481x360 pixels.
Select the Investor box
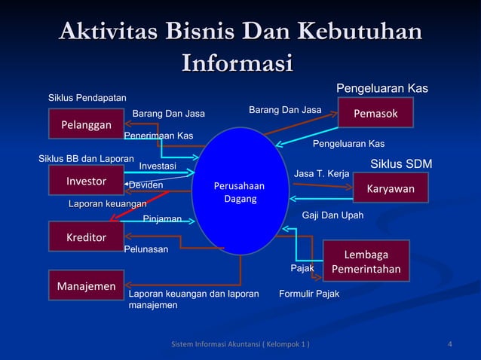(86, 181)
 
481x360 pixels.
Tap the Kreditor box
(86, 237)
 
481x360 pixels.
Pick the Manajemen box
(86, 285)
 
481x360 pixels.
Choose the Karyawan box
(390, 188)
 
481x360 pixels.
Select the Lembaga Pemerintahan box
(366, 261)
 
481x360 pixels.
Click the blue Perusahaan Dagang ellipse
(240, 191)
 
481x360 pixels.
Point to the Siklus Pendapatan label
(87, 98)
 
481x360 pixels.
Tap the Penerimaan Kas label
(158, 136)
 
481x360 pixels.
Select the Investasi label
(158, 166)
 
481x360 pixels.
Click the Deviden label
(146, 185)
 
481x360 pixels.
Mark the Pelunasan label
(146, 248)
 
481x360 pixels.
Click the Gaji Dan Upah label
(332, 215)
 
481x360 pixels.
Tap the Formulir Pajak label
(308, 293)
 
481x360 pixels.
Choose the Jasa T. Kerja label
(321, 174)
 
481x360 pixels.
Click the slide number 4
(450, 345)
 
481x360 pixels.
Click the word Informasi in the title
(237, 60)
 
